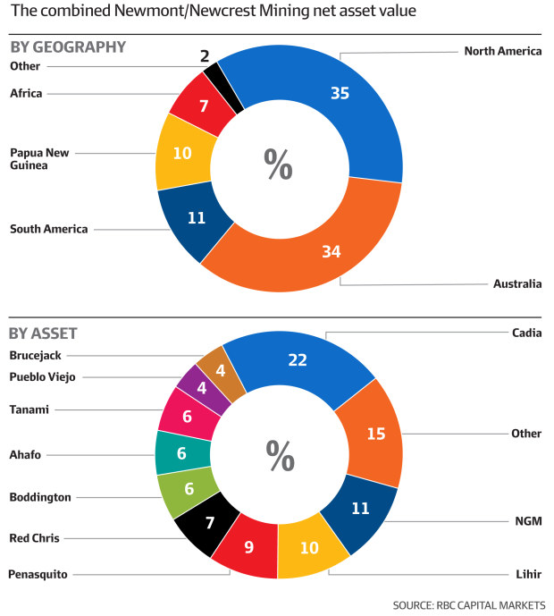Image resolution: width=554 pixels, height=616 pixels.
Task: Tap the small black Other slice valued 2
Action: (x=212, y=73)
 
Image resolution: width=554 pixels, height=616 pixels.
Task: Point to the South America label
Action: (x=49, y=229)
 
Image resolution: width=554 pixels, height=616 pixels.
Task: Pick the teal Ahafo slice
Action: (x=180, y=453)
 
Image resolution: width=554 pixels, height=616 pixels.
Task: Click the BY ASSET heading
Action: (x=43, y=333)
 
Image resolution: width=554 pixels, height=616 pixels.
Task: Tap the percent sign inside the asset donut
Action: (x=280, y=457)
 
